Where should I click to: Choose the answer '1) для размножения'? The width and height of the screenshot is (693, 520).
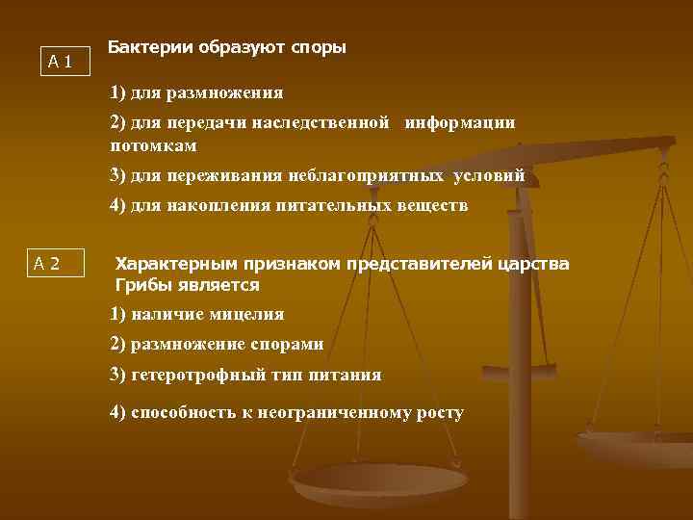196,93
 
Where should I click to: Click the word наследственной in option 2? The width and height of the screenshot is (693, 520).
332,122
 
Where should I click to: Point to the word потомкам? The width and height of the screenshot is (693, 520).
153,145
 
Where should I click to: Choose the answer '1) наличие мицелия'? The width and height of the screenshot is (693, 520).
197,314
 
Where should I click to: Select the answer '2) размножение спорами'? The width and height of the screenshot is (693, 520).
217,344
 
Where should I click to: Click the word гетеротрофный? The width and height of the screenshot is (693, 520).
192,375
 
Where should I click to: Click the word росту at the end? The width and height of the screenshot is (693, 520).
442,413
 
